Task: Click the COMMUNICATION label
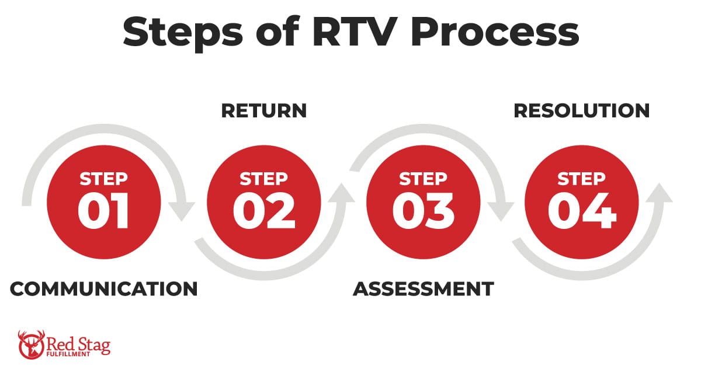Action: click(104, 288)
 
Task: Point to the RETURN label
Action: click(264, 111)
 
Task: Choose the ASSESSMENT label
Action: click(424, 288)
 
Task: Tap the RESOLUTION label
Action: click(582, 111)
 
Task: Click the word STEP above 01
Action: click(104, 178)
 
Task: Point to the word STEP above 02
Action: click(264, 178)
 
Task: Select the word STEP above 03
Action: click(424, 178)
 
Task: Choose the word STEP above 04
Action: click(582, 178)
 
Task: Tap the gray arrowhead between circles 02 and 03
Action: click(341, 193)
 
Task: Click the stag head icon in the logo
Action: click(30, 345)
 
